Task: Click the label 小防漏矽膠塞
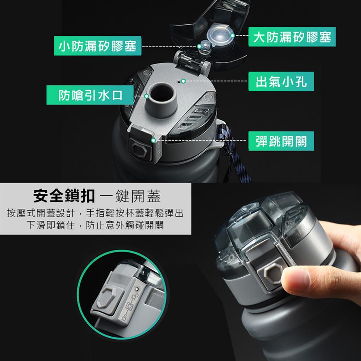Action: point(97,46)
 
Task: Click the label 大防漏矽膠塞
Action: point(292,37)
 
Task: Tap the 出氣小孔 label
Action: point(282,81)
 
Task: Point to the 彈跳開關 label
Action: point(281,141)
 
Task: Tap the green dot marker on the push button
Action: point(153,141)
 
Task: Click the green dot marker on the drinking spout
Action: point(147,96)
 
